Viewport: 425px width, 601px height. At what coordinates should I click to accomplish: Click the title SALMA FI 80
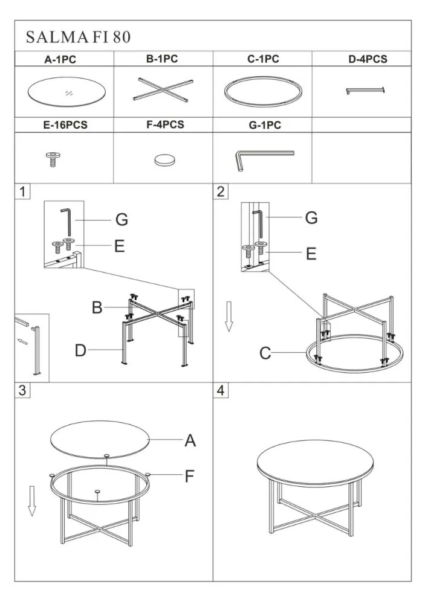coord(78,37)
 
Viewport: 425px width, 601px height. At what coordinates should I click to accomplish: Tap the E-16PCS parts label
coord(65,125)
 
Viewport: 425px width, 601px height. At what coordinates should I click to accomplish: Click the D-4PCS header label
coord(368,59)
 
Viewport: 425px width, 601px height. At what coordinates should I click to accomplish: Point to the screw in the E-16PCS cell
coord(53,159)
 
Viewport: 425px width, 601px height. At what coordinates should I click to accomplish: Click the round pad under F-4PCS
coord(165,160)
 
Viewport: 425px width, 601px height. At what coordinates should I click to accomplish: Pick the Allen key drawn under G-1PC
coord(264,159)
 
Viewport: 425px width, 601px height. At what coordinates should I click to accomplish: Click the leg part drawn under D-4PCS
coord(365,91)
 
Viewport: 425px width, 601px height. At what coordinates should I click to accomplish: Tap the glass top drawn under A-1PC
coord(67,92)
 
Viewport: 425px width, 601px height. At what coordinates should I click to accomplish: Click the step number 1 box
coord(22,191)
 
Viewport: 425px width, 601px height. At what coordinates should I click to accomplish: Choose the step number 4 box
coord(221,391)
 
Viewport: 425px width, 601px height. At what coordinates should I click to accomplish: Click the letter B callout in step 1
coord(97,308)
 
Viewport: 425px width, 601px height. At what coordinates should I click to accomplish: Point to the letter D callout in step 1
coord(80,350)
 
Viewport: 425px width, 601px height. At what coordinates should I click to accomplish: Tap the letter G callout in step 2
coord(311,217)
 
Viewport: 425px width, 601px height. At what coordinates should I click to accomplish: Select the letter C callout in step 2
coord(265,353)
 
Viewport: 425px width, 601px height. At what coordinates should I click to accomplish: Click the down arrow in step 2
coord(229,317)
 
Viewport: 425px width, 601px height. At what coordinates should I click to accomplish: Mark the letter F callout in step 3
coord(189,477)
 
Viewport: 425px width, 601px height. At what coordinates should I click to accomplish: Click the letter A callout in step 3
coord(190,441)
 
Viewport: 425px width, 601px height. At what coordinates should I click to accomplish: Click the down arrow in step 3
coord(32,501)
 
